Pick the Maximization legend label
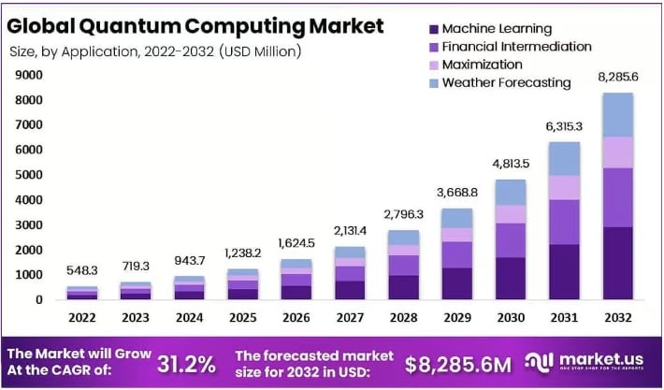pos(483,64)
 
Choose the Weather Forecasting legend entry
pos(505,82)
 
